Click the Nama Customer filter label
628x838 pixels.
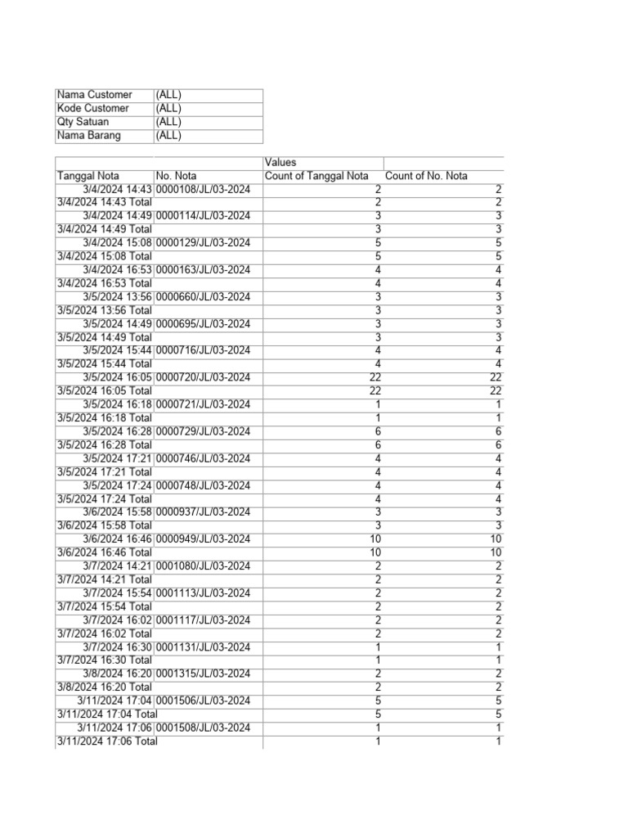click(94, 95)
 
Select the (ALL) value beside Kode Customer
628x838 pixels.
click(168, 108)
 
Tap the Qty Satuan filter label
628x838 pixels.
click(83, 122)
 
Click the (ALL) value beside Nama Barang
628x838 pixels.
click(168, 135)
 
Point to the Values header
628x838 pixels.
click(280, 163)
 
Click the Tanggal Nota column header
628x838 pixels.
click(88, 176)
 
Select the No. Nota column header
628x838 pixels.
click(176, 176)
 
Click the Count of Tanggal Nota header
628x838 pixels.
click(316, 176)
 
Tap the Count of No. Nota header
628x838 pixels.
click(426, 176)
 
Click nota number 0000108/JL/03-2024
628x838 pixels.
click(203, 189)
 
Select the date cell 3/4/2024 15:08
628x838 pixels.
click(118, 243)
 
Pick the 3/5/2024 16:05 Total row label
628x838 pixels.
click(105, 390)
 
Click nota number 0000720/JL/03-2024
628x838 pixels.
click(203, 377)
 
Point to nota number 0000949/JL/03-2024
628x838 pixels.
click(203, 539)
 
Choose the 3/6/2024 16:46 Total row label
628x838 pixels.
click(105, 552)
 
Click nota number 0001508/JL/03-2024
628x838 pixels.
click(203, 728)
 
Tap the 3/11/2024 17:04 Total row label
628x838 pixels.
click(107, 714)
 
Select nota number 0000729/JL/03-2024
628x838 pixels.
click(203, 431)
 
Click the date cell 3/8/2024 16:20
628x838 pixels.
click(118, 674)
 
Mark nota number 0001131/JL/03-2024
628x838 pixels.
click(203, 647)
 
